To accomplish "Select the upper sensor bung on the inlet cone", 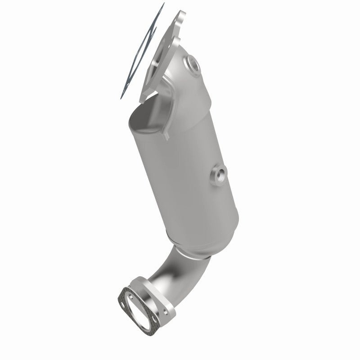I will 193,65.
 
